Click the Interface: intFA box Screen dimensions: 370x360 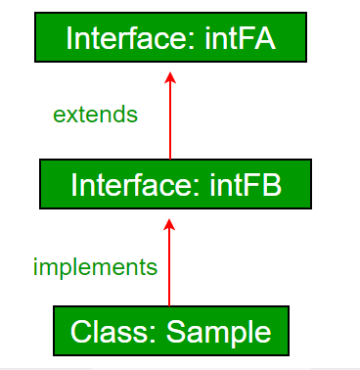(x=168, y=38)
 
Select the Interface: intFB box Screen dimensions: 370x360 (x=176, y=184)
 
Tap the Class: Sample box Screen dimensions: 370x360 (x=170, y=331)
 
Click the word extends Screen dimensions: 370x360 (x=95, y=115)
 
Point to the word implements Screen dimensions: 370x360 (x=95, y=265)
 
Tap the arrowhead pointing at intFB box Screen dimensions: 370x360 (x=170, y=224)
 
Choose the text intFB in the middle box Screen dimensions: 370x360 (x=245, y=184)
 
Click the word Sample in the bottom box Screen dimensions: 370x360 (x=218, y=332)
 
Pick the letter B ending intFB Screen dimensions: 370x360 (x=271, y=184)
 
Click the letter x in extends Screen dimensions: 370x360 (x=71, y=115)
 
